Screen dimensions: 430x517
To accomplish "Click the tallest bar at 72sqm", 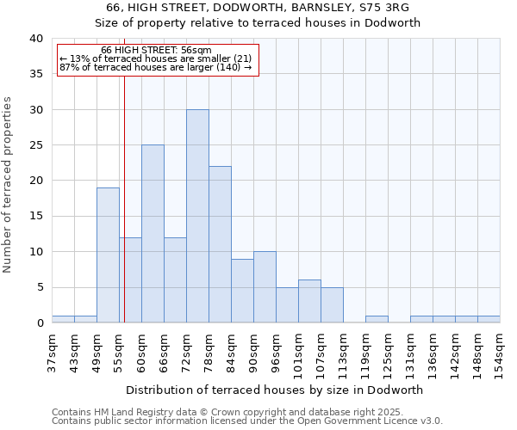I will (x=197, y=216).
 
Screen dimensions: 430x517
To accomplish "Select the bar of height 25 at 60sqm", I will (x=153, y=234).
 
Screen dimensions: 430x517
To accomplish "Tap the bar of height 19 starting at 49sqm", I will (x=108, y=255).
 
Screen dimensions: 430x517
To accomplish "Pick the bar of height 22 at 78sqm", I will (x=220, y=244).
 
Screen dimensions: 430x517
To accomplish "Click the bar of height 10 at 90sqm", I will (x=265, y=287).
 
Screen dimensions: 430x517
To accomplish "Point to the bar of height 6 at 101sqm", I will (x=309, y=301).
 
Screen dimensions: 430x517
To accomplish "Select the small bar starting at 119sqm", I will (x=377, y=319).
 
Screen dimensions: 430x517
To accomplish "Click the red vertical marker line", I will (x=124, y=189).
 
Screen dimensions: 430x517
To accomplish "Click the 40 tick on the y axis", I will (x=35, y=39).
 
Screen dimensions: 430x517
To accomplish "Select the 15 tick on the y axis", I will (x=35, y=217).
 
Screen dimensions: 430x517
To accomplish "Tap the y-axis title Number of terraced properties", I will (x=8, y=184).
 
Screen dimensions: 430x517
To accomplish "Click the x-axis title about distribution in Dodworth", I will (x=276, y=390).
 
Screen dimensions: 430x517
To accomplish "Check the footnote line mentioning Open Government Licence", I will (x=247, y=421).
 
